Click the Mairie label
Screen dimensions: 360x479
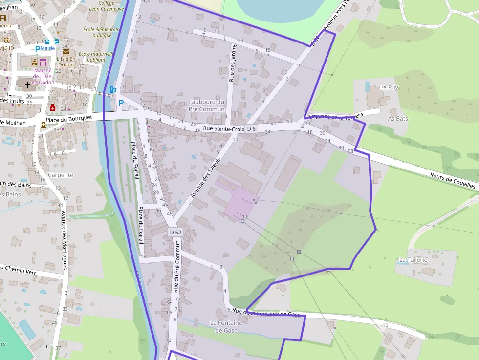pos(48,48)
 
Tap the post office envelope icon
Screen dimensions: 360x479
pos(66,51)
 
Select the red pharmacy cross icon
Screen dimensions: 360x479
pos(52,107)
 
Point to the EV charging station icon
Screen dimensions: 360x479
pos(113,89)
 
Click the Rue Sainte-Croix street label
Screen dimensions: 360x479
pos(223,128)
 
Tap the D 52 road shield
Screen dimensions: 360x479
pos(175,232)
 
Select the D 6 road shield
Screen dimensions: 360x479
pos(251,128)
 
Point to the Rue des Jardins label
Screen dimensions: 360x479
pos(233,63)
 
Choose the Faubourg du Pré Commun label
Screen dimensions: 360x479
pos(207,106)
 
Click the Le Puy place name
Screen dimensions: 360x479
pos(389,87)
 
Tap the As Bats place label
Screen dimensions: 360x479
pos(397,118)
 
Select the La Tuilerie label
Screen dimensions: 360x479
pos(413,259)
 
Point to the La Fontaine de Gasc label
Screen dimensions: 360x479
pos(226,326)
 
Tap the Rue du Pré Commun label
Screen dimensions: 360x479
pos(177,266)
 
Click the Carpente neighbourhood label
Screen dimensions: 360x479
pos(61,175)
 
